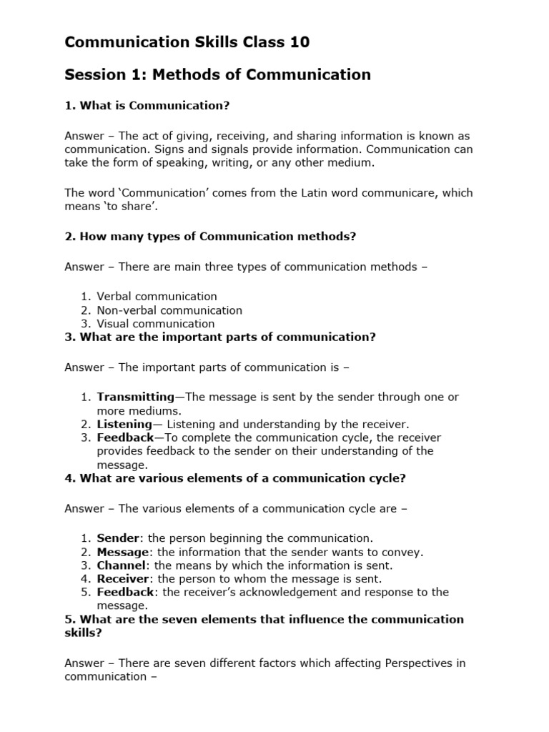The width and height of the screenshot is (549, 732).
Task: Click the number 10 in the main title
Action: (x=299, y=42)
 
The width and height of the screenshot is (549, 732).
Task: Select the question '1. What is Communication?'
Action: (x=147, y=106)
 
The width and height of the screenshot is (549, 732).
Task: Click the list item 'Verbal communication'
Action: (x=157, y=296)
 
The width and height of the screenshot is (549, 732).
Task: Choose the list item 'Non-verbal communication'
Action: (x=169, y=310)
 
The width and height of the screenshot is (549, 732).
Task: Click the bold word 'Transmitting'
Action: (x=135, y=397)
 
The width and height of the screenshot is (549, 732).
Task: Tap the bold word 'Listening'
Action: (x=124, y=424)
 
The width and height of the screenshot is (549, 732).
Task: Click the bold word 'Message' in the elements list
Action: (x=123, y=552)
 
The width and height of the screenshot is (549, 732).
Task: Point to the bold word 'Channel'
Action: (x=122, y=565)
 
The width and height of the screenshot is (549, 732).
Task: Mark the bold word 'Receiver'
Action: (x=123, y=578)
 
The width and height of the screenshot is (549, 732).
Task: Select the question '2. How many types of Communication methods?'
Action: (x=210, y=237)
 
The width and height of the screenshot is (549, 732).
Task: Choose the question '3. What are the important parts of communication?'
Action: (x=220, y=337)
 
